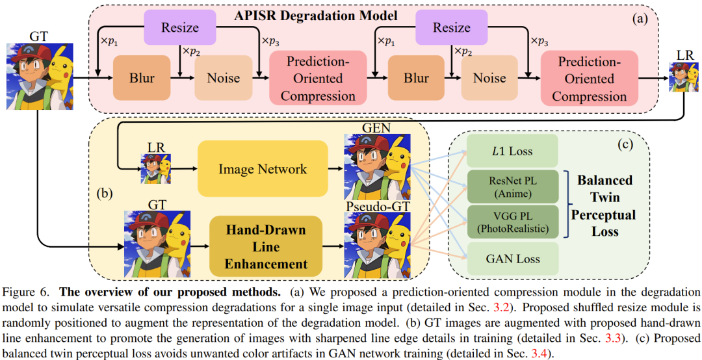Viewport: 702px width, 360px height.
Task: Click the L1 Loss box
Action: click(x=513, y=151)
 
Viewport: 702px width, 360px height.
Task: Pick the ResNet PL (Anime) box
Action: click(x=513, y=186)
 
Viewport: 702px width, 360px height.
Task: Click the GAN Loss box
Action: click(x=513, y=259)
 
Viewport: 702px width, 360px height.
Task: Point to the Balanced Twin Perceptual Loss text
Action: click(x=605, y=205)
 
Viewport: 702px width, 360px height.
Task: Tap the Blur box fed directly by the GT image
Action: click(x=142, y=78)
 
